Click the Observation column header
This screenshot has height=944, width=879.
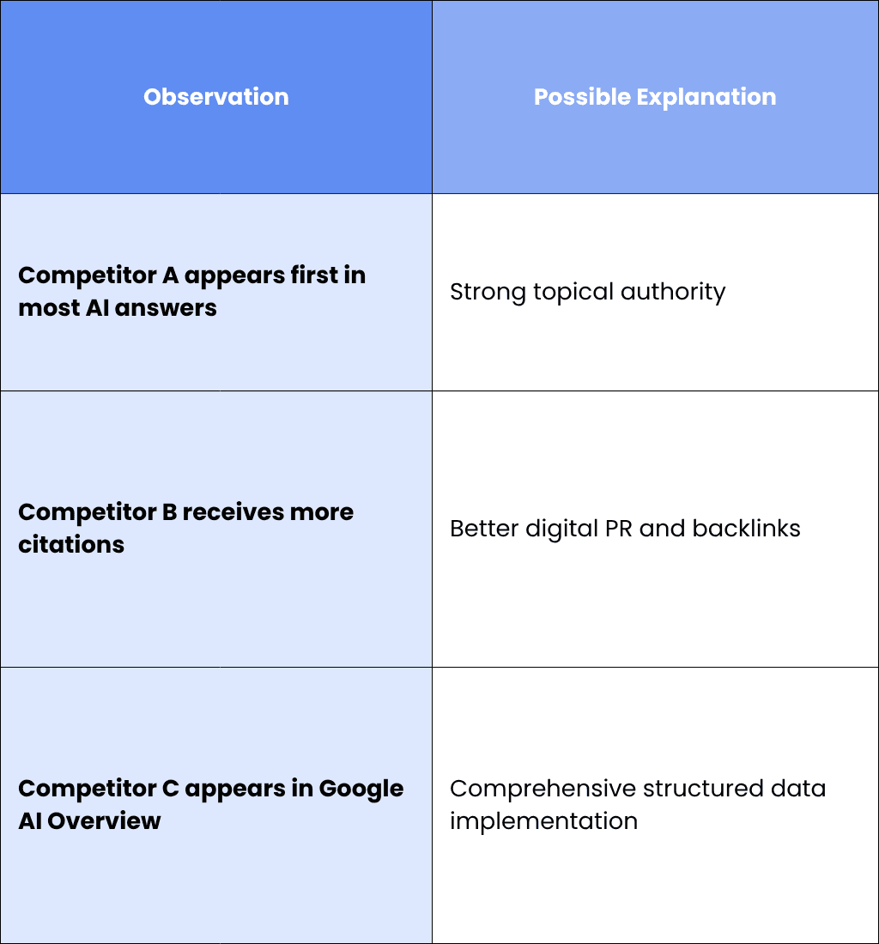(216, 97)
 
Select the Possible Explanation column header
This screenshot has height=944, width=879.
(655, 97)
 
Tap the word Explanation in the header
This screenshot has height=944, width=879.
(706, 97)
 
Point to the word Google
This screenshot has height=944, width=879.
(361, 790)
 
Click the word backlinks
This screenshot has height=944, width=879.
(747, 528)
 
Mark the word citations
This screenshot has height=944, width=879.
(71, 544)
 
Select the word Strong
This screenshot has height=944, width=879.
(488, 293)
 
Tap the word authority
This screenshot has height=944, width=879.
(673, 292)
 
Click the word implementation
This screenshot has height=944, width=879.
(543, 821)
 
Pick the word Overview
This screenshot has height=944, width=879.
(104, 820)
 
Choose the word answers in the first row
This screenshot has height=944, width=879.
(166, 308)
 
